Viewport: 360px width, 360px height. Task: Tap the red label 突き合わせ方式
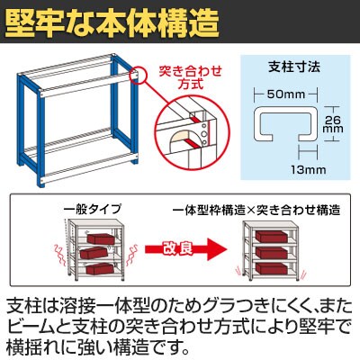(191, 77)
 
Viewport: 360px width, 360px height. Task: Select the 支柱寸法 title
(294, 67)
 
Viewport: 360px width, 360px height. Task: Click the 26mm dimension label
(334, 124)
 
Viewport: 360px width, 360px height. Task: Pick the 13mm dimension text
(308, 170)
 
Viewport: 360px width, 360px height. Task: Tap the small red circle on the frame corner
(137, 75)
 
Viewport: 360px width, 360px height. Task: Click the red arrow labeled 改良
(185, 248)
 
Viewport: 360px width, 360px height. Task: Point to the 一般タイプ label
(93, 209)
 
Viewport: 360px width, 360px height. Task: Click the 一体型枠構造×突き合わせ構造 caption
(256, 210)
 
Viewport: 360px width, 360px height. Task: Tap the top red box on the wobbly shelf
(101, 238)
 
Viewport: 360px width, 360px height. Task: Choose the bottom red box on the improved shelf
(271, 267)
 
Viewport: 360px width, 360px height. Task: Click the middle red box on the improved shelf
(271, 252)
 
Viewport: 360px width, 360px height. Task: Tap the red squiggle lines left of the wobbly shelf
(59, 256)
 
